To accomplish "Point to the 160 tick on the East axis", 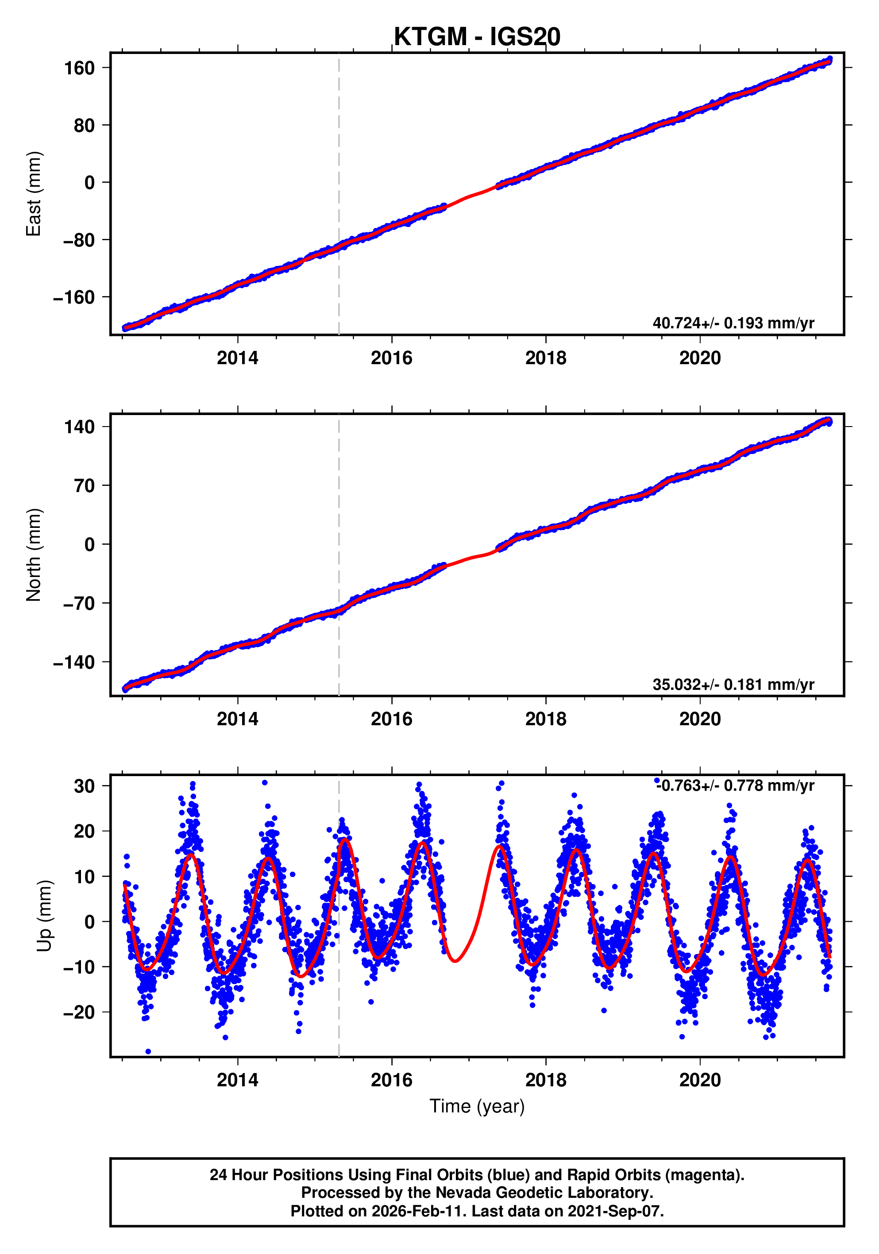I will [x=79, y=68].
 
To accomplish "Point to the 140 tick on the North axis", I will [x=79, y=427].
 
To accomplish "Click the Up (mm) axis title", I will [x=45, y=915].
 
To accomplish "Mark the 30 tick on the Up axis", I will [x=84, y=786].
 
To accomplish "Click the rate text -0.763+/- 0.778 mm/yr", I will [x=735, y=785].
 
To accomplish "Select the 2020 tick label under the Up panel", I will [x=699, y=1080].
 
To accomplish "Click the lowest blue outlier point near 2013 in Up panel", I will [x=148, y=1051].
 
